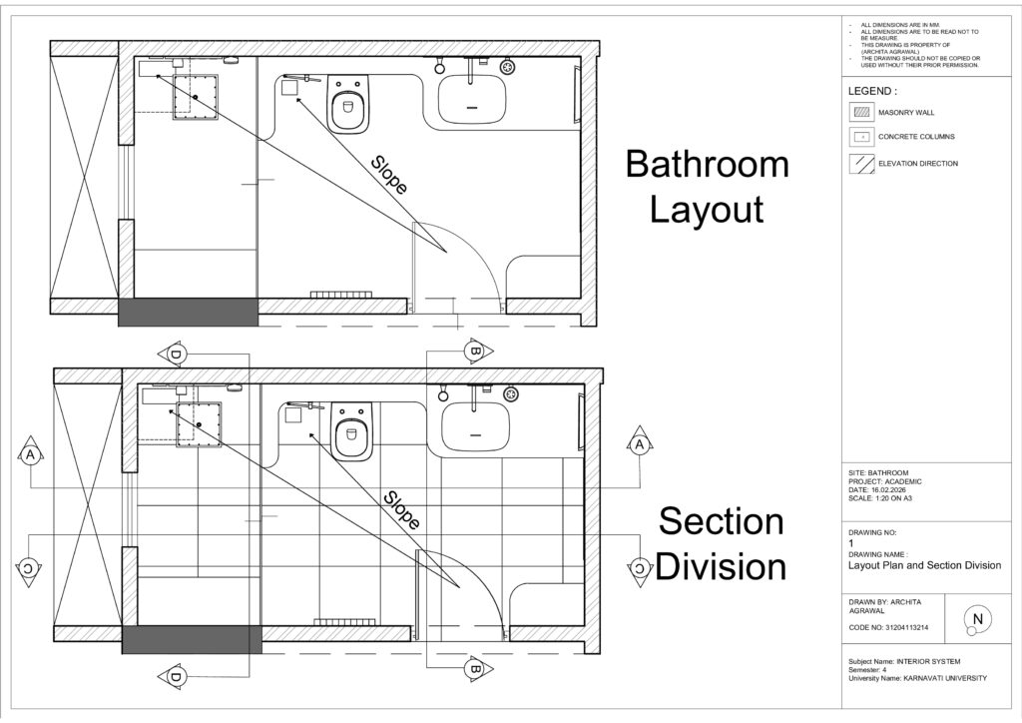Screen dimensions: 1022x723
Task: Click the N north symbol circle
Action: point(977,618)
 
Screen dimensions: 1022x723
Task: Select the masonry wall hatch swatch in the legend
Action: point(861,112)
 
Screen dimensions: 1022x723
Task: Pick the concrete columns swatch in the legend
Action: point(861,137)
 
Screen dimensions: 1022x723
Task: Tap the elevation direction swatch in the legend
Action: point(861,164)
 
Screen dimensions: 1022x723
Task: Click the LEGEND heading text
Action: point(872,91)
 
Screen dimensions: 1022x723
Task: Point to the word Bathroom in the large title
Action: point(708,164)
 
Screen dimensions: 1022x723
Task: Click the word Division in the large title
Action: point(721,566)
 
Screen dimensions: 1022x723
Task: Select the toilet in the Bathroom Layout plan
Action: point(348,104)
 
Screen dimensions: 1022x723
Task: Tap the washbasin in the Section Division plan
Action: point(475,426)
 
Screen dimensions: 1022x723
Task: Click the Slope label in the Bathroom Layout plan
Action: point(389,175)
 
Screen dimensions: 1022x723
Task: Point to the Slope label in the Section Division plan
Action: point(401,510)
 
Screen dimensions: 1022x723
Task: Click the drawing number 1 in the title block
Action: point(851,543)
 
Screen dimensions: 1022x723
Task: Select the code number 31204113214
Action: point(906,628)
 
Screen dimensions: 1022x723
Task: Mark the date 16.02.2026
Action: point(889,489)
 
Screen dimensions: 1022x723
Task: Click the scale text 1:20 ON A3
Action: point(891,498)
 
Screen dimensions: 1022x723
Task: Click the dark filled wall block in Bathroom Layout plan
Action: point(189,313)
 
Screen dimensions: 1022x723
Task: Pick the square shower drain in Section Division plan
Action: point(199,424)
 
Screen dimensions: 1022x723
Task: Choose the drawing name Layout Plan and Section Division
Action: point(924,565)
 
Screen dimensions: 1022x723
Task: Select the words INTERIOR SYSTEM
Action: point(928,662)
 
